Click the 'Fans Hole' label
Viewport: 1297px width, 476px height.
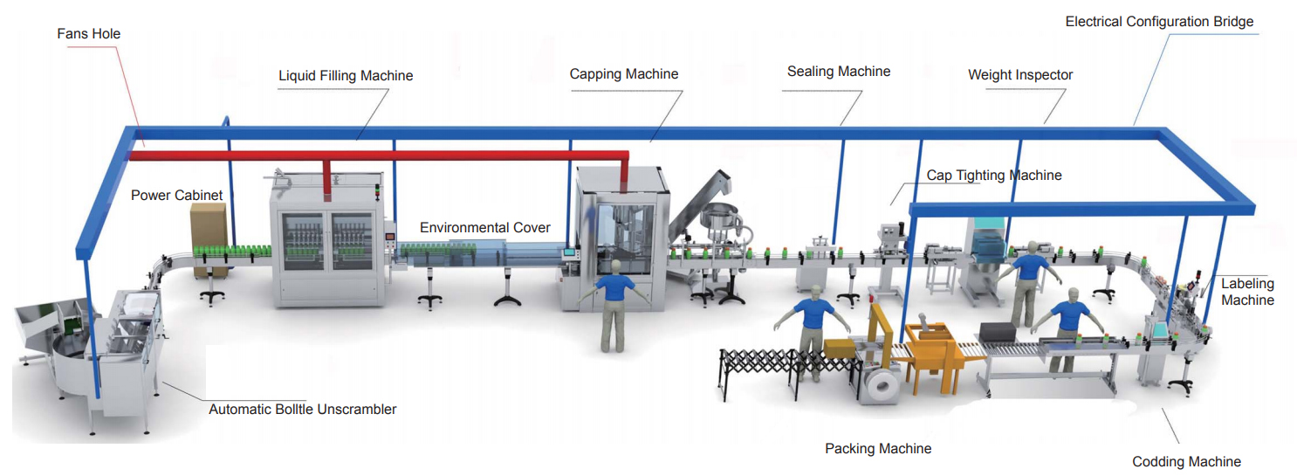(89, 34)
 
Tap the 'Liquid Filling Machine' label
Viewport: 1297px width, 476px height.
(346, 76)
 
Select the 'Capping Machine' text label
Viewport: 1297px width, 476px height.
(624, 74)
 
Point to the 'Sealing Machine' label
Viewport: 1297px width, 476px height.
(839, 72)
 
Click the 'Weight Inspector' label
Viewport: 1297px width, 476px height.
(1020, 75)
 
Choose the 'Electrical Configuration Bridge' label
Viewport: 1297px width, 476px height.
(1159, 22)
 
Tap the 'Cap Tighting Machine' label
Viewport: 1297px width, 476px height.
(994, 176)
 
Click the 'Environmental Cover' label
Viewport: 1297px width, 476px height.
(485, 228)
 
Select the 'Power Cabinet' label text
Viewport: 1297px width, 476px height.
(177, 196)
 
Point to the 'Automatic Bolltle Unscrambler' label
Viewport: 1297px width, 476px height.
(303, 410)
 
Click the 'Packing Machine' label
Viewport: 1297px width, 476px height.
(878, 449)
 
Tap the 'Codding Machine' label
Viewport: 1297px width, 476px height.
(1186, 462)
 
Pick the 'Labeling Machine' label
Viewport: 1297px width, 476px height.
(1247, 292)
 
